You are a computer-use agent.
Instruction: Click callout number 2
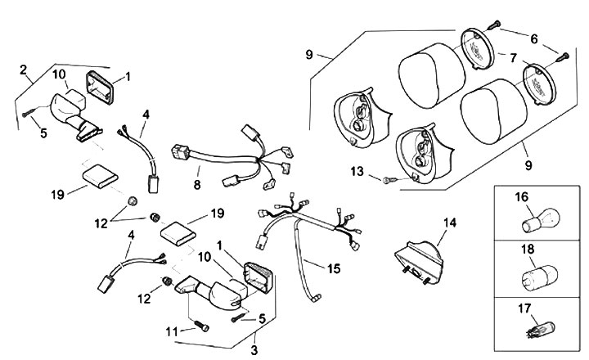(x=22, y=69)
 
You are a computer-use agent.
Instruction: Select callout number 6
(x=533, y=38)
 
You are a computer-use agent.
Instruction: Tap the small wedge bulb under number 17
(x=529, y=332)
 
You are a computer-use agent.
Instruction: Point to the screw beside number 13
(x=388, y=178)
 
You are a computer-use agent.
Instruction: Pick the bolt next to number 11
(x=200, y=326)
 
